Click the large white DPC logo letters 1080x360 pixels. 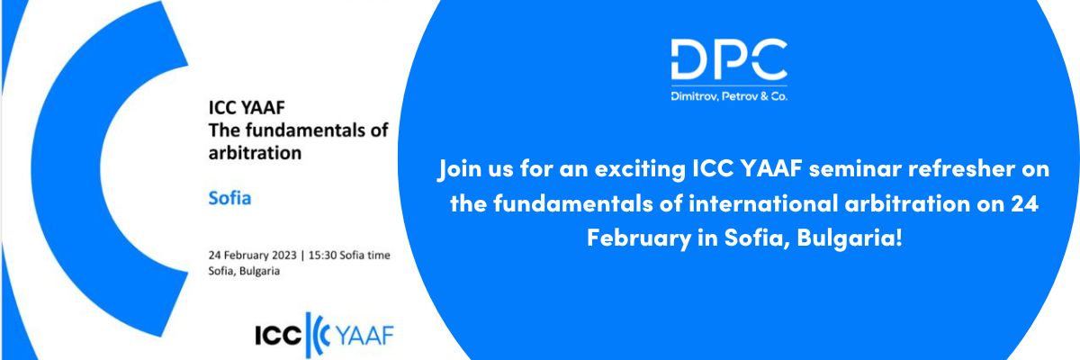[729, 59]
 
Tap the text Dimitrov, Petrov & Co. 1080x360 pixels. [729, 96]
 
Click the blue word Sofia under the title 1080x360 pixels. [229, 198]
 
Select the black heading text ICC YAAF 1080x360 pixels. [247, 107]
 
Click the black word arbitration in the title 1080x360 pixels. [255, 153]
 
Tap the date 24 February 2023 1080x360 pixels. [252, 255]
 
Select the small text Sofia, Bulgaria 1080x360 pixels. [244, 271]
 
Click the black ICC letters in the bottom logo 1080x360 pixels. [278, 336]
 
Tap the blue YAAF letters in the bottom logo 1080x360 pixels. [364, 336]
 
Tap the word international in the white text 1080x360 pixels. [763, 203]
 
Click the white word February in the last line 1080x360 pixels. [638, 238]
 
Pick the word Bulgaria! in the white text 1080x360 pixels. [850, 238]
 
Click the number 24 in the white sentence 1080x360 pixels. [1024, 203]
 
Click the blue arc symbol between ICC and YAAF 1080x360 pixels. [317, 336]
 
